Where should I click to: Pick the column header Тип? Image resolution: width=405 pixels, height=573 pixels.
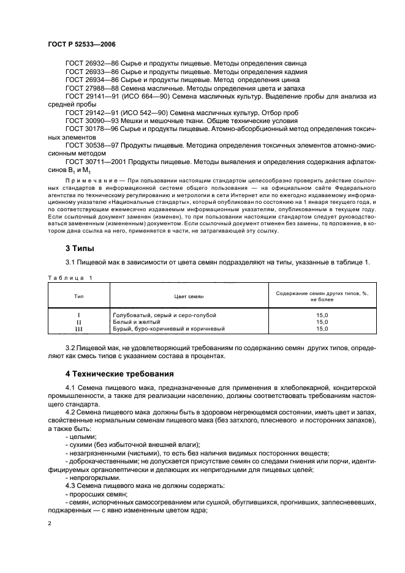coord(78,295)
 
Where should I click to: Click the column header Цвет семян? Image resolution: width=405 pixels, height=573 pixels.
coord(189,295)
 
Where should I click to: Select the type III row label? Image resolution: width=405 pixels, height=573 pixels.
coord(78,329)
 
